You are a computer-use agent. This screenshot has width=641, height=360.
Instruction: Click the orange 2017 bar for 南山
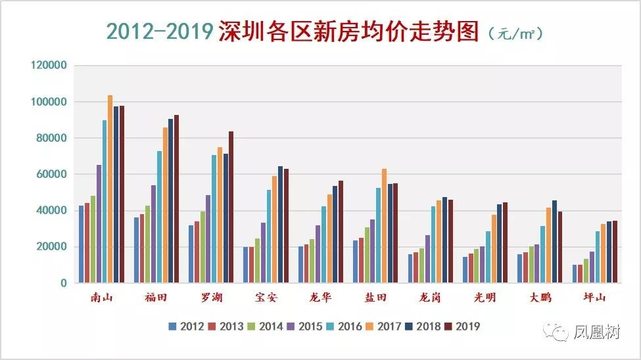[x=110, y=189]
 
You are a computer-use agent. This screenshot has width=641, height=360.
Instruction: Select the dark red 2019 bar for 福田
[x=177, y=198]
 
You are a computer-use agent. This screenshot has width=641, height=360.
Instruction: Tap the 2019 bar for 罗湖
[x=231, y=207]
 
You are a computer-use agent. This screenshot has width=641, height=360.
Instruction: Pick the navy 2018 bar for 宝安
[x=281, y=224]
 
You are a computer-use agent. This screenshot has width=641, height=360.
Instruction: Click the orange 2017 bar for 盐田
[x=385, y=225]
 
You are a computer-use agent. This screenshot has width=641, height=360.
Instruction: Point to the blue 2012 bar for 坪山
[x=575, y=273]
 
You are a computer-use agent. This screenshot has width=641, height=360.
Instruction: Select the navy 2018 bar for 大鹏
[x=554, y=242]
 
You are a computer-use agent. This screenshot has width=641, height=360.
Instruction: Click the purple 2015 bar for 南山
[x=99, y=223]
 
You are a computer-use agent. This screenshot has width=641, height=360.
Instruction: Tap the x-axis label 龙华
[x=320, y=297]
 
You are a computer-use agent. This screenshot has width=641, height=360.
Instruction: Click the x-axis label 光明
[x=485, y=297]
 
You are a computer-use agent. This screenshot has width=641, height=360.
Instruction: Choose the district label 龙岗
[x=430, y=297]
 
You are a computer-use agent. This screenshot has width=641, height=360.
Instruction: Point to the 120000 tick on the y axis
[x=49, y=65]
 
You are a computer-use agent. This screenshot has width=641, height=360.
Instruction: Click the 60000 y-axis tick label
[x=51, y=174]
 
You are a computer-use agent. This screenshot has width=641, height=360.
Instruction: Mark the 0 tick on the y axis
[x=63, y=282]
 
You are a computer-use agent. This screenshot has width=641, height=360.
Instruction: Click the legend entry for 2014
[x=266, y=326]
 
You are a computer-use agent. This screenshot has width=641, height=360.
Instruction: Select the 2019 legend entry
[x=463, y=326]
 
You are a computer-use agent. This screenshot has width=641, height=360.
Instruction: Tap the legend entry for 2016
[x=344, y=326]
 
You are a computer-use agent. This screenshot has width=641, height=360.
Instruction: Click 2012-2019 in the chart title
[x=160, y=31]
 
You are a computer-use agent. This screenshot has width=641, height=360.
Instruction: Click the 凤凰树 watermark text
[x=596, y=332]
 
